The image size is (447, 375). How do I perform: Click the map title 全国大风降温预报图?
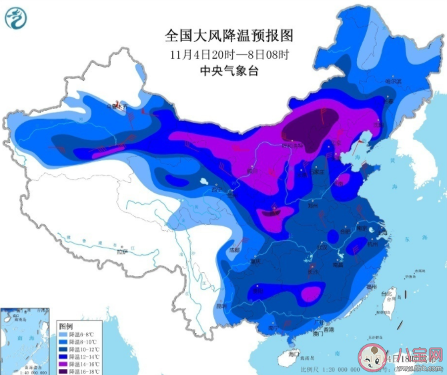coord(224,35)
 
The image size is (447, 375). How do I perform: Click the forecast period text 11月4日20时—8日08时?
coord(224,53)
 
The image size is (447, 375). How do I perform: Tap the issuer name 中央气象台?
coord(224,71)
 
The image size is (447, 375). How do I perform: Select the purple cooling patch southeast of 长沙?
coord(310,294)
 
